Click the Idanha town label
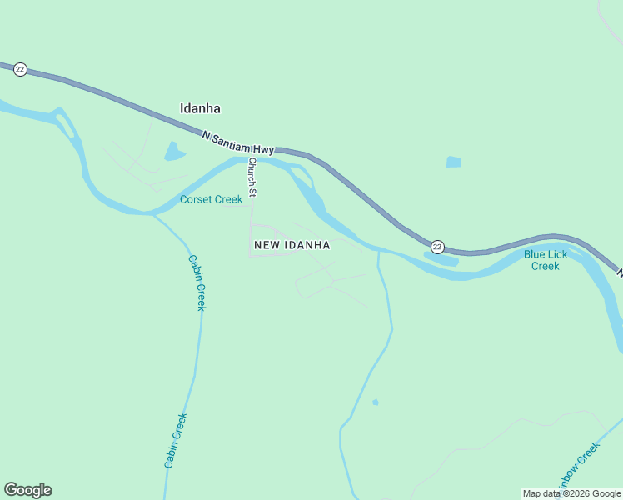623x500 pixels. [x=200, y=108]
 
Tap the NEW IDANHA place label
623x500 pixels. [x=292, y=245]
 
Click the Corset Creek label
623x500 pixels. [x=212, y=199]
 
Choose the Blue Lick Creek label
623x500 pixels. [x=546, y=260]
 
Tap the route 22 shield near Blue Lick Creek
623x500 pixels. [x=437, y=247]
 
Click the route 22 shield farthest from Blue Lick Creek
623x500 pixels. [x=21, y=69]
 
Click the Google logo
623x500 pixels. [x=27, y=489]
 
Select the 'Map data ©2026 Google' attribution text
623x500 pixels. [x=571, y=493]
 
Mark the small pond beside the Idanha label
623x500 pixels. [x=174, y=151]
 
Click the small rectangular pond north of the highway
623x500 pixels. [x=453, y=162]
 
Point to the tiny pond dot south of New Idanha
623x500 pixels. [x=376, y=402]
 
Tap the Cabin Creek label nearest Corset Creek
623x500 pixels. [x=196, y=282]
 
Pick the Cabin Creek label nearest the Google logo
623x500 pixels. [x=176, y=439]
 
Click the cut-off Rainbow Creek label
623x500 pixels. [x=578, y=465]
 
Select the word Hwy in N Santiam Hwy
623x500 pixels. [x=264, y=149]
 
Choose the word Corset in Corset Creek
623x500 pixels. [x=196, y=199]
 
